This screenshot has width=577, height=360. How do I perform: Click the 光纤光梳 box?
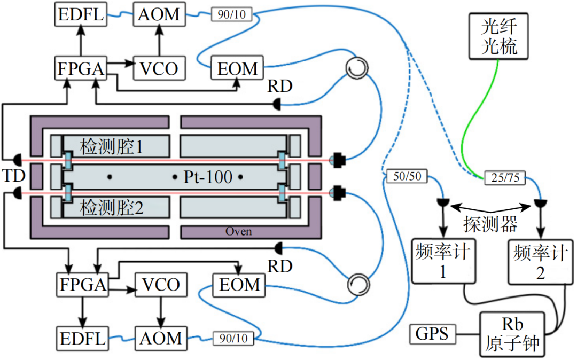tap(499, 36)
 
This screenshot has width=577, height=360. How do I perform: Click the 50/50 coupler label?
tap(407, 176)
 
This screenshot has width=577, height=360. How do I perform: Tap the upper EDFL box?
tap(80, 14)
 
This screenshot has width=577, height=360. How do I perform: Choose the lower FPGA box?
tap(82, 284)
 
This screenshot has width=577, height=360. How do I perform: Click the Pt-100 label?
tap(208, 177)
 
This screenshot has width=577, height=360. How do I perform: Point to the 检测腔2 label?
tap(112, 207)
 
